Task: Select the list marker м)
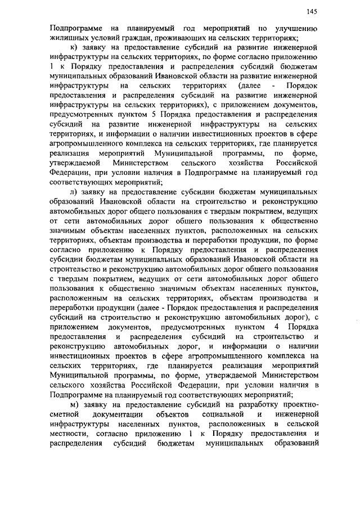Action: coord(73,406)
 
